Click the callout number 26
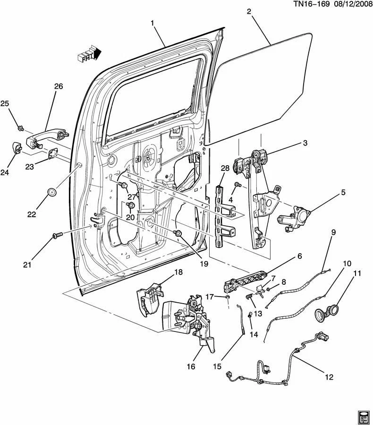[x=58, y=86]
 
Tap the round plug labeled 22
[x=52, y=193]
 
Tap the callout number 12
[x=329, y=377]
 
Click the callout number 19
[x=203, y=264]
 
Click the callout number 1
[x=153, y=23]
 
